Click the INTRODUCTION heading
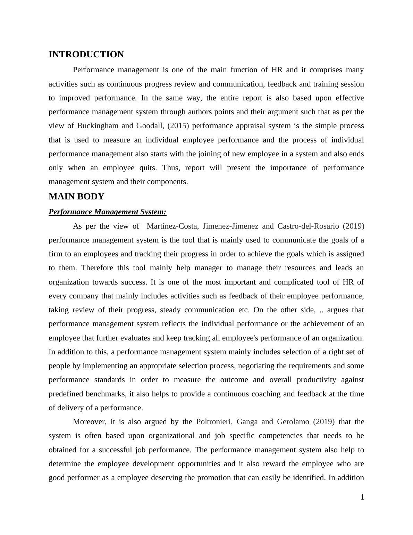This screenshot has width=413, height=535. [x=86, y=55]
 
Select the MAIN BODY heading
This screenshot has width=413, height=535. [x=76, y=197]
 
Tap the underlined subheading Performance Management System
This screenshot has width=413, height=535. [x=108, y=212]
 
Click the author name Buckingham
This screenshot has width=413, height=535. [x=98, y=126]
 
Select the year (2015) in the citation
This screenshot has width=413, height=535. [x=178, y=126]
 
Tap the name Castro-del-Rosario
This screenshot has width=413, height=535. [x=308, y=226]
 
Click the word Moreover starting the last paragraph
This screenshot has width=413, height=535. [x=90, y=422]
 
